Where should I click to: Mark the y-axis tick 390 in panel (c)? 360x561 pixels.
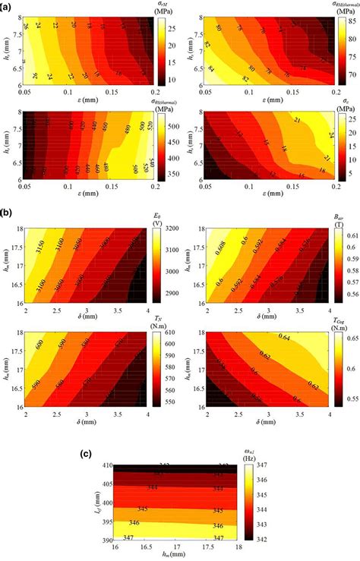tap(93, 542)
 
